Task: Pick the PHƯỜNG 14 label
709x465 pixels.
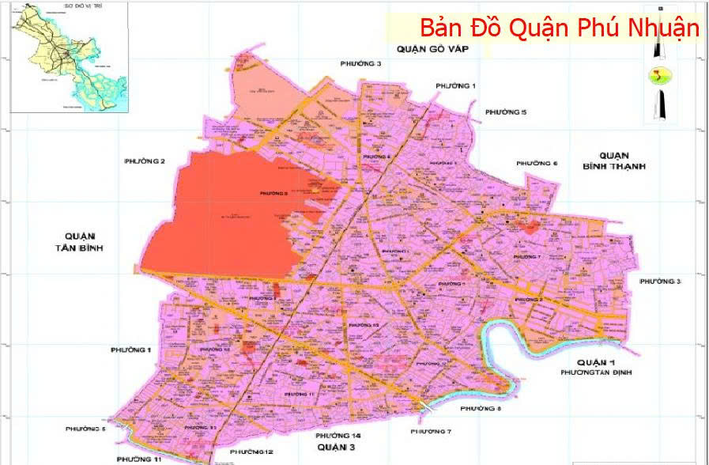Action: click(x=338, y=436)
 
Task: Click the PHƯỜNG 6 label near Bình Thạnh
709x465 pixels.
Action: click(x=537, y=163)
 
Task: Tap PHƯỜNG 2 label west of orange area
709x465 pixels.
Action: click(x=144, y=161)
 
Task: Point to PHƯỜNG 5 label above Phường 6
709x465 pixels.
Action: click(x=506, y=112)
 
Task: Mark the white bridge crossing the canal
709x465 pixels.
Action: click(x=427, y=406)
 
